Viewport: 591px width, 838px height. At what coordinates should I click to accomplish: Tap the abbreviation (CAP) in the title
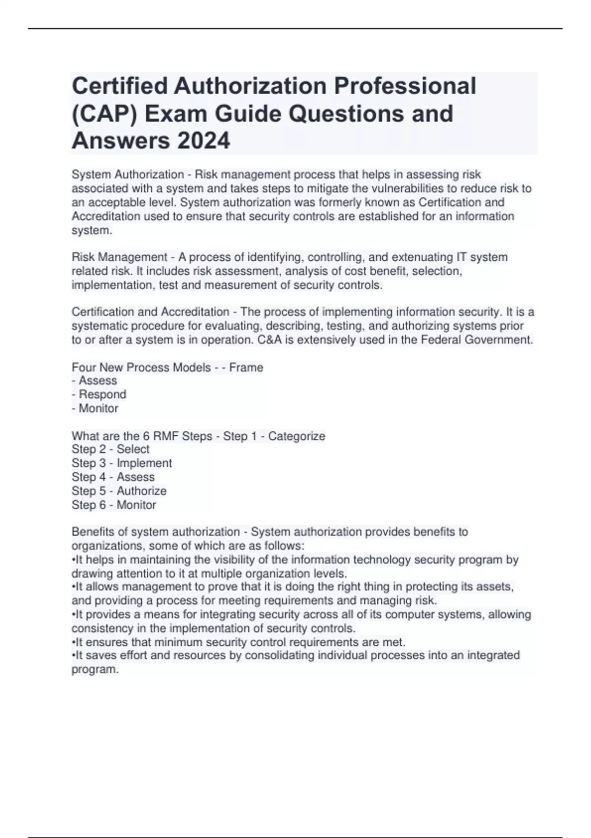pos(103,113)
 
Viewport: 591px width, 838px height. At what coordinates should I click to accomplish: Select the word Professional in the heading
pos(405,86)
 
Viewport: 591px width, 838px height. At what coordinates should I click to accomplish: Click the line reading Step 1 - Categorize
pos(274,436)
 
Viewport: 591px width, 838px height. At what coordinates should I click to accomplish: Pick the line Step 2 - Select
pos(110,449)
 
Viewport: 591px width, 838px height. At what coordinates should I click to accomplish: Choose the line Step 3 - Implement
pos(122,463)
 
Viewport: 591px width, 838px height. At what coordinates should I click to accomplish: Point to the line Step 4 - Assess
pos(113,477)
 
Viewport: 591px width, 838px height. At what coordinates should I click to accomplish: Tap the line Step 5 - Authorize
pos(119,490)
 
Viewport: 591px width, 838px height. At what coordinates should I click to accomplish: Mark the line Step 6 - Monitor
pos(114,505)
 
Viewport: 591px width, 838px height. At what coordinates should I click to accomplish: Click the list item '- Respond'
pos(99,394)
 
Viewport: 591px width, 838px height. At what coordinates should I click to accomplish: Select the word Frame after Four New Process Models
pos(246,367)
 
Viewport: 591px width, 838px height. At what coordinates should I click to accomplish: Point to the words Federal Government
pos(477,340)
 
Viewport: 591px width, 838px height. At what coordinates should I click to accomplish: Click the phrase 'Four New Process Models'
pos(141,367)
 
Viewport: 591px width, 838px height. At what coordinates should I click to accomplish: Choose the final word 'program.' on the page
pos(96,669)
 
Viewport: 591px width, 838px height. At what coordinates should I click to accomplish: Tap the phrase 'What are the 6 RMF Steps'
pos(142,436)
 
